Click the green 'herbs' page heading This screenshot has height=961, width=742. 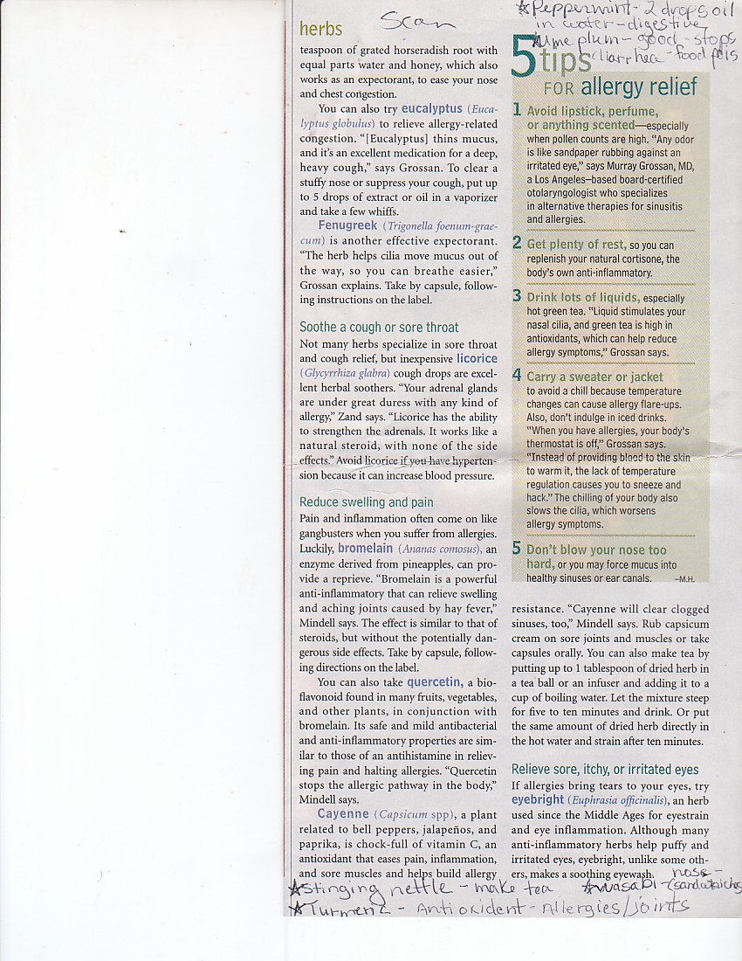[320, 29]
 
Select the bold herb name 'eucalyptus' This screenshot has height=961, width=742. [432, 109]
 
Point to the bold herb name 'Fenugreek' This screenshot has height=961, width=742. [347, 225]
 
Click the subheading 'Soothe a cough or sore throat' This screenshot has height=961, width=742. [379, 328]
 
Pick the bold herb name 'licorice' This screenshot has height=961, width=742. [476, 358]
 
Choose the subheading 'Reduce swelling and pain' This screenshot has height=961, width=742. [367, 502]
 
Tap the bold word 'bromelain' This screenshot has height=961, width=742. [366, 549]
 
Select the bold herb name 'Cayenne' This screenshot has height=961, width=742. [344, 814]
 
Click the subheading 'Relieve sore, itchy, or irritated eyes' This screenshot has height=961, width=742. [605, 770]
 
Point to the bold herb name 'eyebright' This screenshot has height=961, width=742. [537, 799]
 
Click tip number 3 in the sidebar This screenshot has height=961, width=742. [517, 297]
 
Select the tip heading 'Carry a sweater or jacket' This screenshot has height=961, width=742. [595, 377]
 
